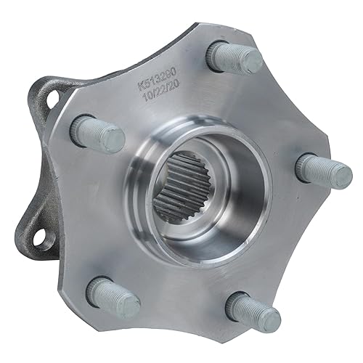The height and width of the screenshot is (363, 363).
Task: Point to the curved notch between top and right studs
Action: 287,109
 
